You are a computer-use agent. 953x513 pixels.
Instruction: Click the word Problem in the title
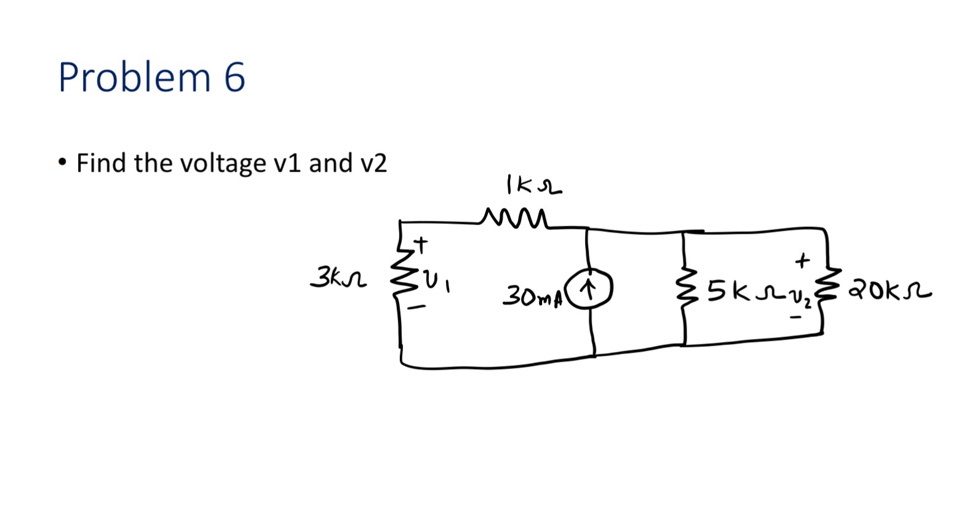(x=134, y=78)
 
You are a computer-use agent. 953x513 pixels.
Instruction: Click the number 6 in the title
(x=234, y=78)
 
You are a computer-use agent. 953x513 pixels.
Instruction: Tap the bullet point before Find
(x=62, y=163)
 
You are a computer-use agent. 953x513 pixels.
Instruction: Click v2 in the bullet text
(x=371, y=163)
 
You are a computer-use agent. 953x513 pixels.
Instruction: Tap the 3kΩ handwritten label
(x=338, y=278)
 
